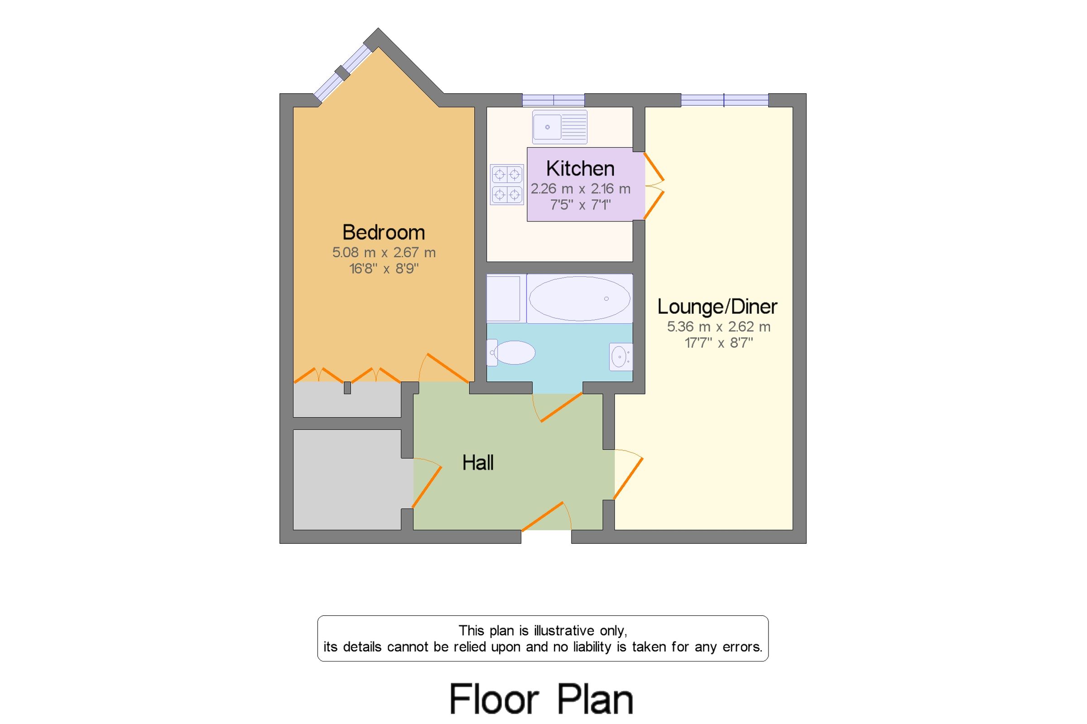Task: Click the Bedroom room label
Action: (x=383, y=232)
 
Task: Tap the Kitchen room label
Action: (x=580, y=168)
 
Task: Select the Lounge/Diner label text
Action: (x=717, y=307)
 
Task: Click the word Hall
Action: (x=478, y=463)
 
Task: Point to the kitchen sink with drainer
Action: (x=559, y=126)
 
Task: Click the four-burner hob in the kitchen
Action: (x=506, y=184)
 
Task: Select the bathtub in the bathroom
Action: (x=579, y=298)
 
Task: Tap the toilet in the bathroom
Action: (x=512, y=353)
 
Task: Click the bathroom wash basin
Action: (x=620, y=356)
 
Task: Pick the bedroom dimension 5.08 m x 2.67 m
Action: (x=384, y=253)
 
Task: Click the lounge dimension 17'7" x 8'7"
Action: (x=718, y=343)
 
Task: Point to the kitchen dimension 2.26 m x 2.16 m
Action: (x=580, y=189)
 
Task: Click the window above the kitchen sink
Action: (x=553, y=100)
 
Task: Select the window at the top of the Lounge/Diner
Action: (x=724, y=100)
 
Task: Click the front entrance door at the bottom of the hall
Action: (x=547, y=517)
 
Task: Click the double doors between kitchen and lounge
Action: (x=654, y=186)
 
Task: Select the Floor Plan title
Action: (x=541, y=699)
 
